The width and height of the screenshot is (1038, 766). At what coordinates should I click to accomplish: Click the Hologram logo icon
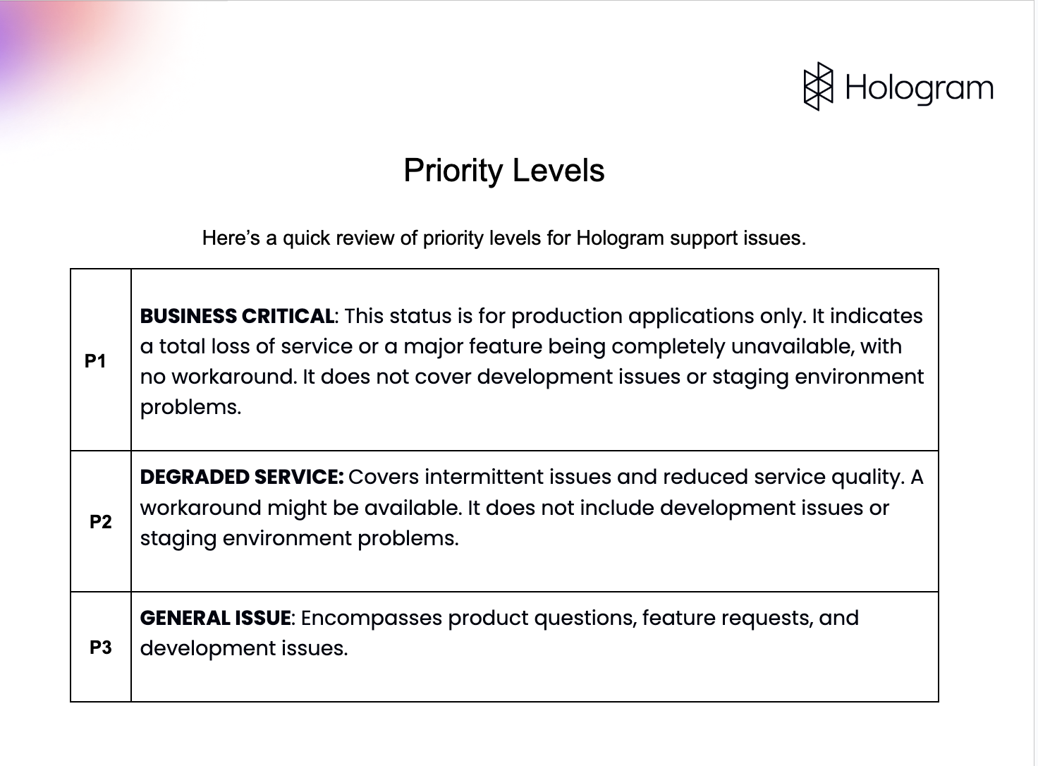(x=818, y=87)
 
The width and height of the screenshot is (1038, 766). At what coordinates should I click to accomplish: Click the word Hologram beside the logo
(x=919, y=88)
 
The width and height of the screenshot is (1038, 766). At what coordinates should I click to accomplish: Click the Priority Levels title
(x=503, y=171)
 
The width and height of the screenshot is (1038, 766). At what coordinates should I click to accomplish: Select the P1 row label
(x=95, y=361)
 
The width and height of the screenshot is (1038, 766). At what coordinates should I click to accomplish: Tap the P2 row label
(x=100, y=522)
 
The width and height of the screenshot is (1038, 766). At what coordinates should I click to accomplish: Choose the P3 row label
(x=100, y=648)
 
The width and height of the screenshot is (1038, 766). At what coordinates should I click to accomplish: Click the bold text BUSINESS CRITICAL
(x=237, y=316)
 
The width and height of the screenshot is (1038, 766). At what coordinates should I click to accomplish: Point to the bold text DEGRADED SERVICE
(x=241, y=478)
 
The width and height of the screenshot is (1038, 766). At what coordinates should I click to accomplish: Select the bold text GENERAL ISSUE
(x=215, y=619)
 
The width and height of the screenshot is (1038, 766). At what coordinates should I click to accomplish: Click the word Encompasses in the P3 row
(x=372, y=619)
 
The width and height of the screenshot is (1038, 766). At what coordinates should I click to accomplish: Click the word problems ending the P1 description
(x=190, y=408)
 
